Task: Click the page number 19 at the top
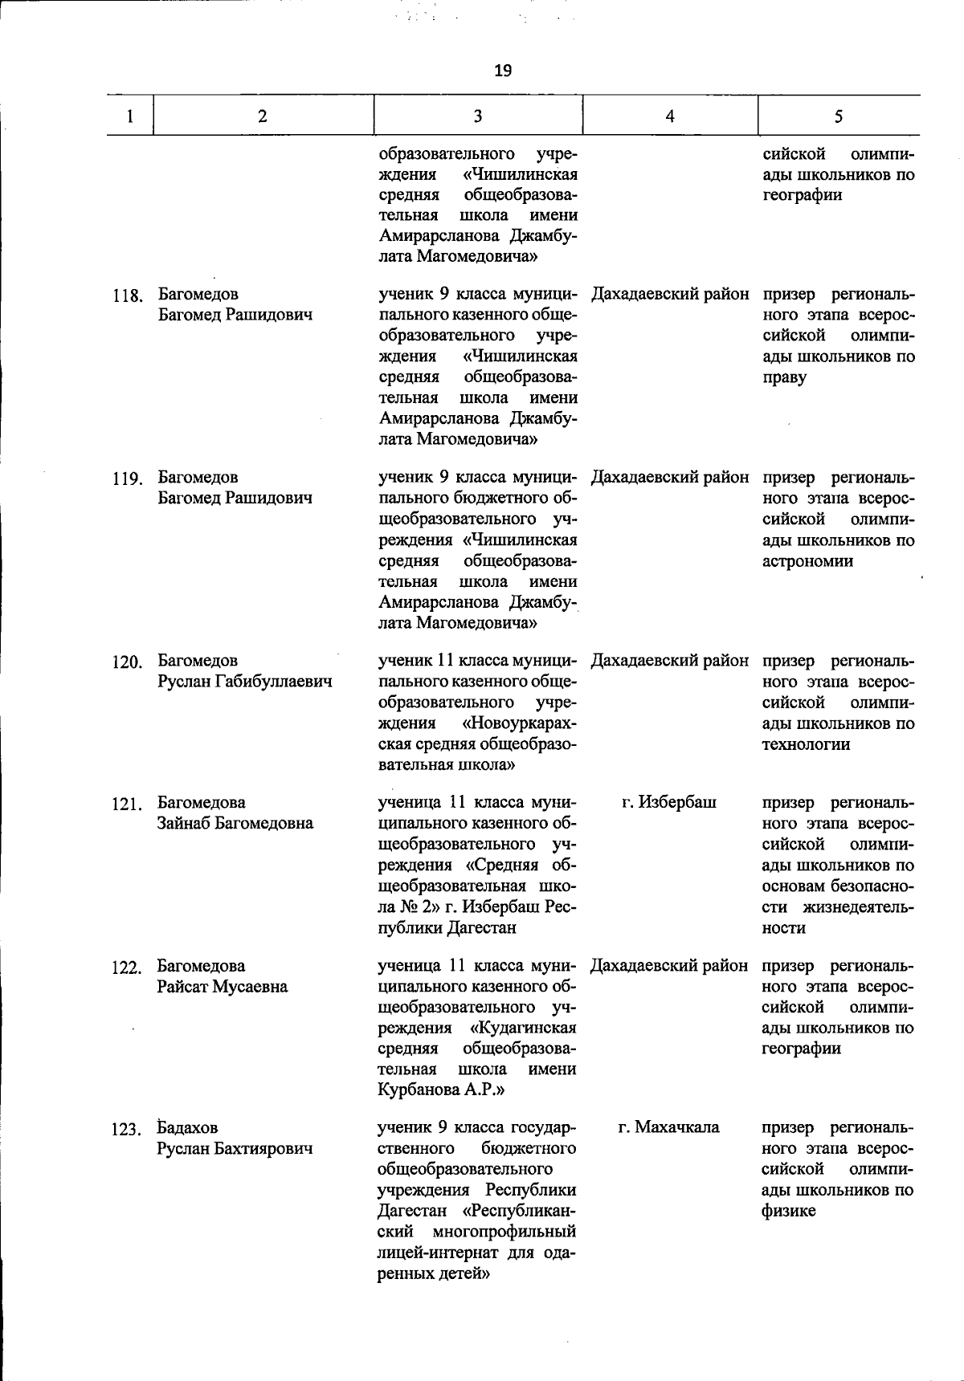[x=502, y=71]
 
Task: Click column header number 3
[x=478, y=116]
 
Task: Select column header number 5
[x=838, y=116]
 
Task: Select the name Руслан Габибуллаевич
[x=245, y=682]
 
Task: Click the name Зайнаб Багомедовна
[x=235, y=823]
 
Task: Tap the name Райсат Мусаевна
[x=223, y=987]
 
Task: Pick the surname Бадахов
[x=187, y=1127]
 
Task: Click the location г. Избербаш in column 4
[x=669, y=802]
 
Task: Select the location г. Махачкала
[x=669, y=1127]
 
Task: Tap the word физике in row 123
[x=788, y=1211]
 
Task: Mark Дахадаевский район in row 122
[x=669, y=966]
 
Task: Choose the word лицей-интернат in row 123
[x=434, y=1252]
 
